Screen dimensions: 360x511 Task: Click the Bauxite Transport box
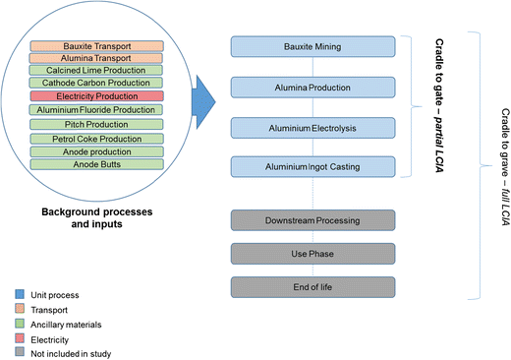click(x=96, y=46)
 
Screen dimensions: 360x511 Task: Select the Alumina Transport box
click(x=96, y=58)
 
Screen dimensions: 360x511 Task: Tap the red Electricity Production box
click(x=96, y=97)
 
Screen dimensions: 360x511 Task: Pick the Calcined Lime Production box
click(x=96, y=71)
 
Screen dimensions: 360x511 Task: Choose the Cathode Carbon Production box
click(x=96, y=84)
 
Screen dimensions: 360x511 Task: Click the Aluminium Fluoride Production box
click(x=96, y=110)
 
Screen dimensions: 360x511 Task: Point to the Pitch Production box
click(x=96, y=125)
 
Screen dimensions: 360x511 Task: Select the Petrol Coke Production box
click(x=96, y=139)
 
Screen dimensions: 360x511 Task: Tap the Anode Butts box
click(x=96, y=164)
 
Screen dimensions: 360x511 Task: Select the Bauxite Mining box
click(x=312, y=47)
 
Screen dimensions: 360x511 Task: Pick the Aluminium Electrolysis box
click(x=312, y=128)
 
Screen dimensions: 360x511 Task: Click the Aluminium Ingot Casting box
click(x=312, y=167)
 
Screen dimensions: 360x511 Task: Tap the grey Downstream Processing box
click(x=312, y=221)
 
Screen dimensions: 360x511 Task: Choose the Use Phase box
click(x=312, y=254)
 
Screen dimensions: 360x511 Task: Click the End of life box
click(x=312, y=287)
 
